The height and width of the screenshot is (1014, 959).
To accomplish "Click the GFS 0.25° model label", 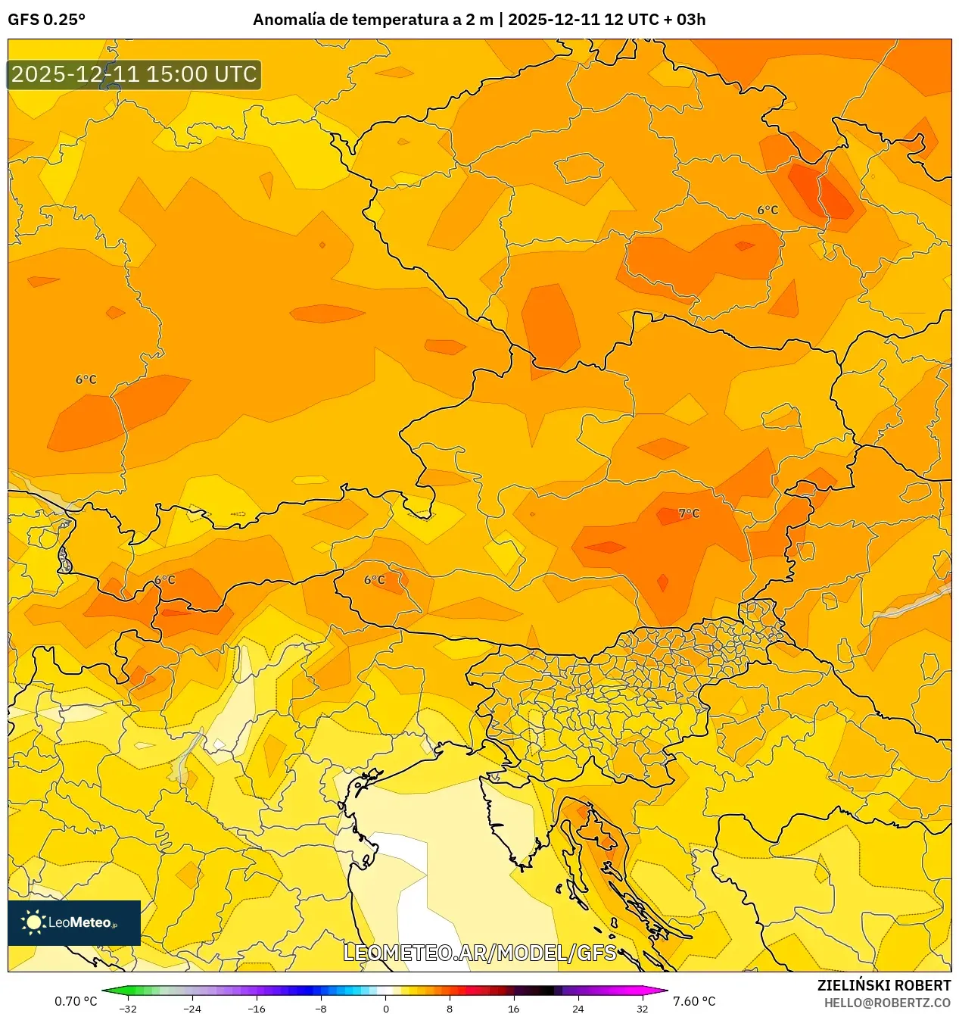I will click(46, 20).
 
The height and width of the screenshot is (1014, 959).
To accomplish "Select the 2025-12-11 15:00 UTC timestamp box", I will click(134, 74).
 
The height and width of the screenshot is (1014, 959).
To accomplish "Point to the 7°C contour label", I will click(689, 513).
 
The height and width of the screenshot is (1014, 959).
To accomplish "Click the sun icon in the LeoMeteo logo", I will click(33, 922).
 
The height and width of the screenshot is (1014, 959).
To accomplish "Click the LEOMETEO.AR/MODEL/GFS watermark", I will click(480, 953).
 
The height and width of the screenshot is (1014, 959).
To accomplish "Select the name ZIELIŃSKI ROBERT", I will click(883, 985).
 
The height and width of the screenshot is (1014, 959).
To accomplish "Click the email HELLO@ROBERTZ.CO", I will click(887, 1003).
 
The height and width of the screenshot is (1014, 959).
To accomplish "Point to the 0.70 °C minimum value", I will click(76, 1001).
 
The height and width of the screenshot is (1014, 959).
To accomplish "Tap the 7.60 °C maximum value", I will click(694, 1001).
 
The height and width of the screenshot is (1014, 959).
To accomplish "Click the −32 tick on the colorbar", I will click(129, 1008).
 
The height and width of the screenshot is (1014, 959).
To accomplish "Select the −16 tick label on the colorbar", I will click(257, 1008).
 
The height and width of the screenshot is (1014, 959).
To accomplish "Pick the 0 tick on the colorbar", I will click(385, 1008).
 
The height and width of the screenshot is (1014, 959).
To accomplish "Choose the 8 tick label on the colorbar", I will click(450, 1008).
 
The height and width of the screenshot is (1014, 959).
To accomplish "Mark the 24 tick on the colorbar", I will click(578, 1008).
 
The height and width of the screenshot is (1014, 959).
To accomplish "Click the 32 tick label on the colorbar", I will click(642, 1008).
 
